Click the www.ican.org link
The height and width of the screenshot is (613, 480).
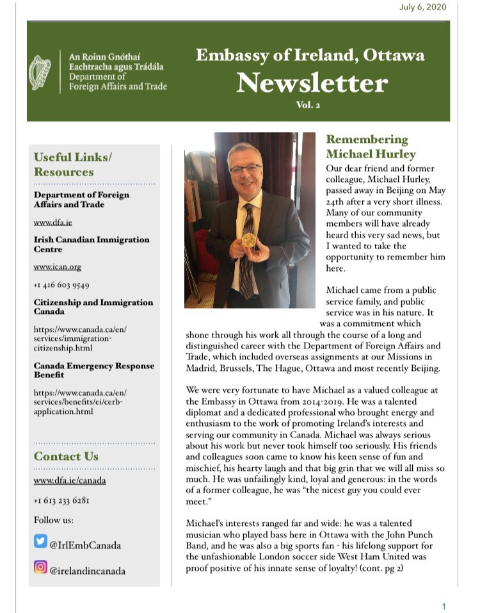(58, 266)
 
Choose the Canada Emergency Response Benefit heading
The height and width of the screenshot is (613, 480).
(94, 370)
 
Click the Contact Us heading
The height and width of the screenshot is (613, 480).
(66, 456)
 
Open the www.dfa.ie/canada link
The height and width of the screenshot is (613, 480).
(70, 480)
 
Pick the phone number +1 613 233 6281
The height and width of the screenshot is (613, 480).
(61, 500)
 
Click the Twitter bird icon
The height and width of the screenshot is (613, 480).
(40, 544)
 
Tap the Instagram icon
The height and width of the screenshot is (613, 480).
(40, 568)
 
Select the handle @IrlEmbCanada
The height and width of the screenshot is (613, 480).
(86, 545)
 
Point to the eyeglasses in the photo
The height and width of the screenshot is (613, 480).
(246, 169)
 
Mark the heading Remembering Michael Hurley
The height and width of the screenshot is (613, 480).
(367, 147)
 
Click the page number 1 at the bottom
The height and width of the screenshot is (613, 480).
(444, 606)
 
